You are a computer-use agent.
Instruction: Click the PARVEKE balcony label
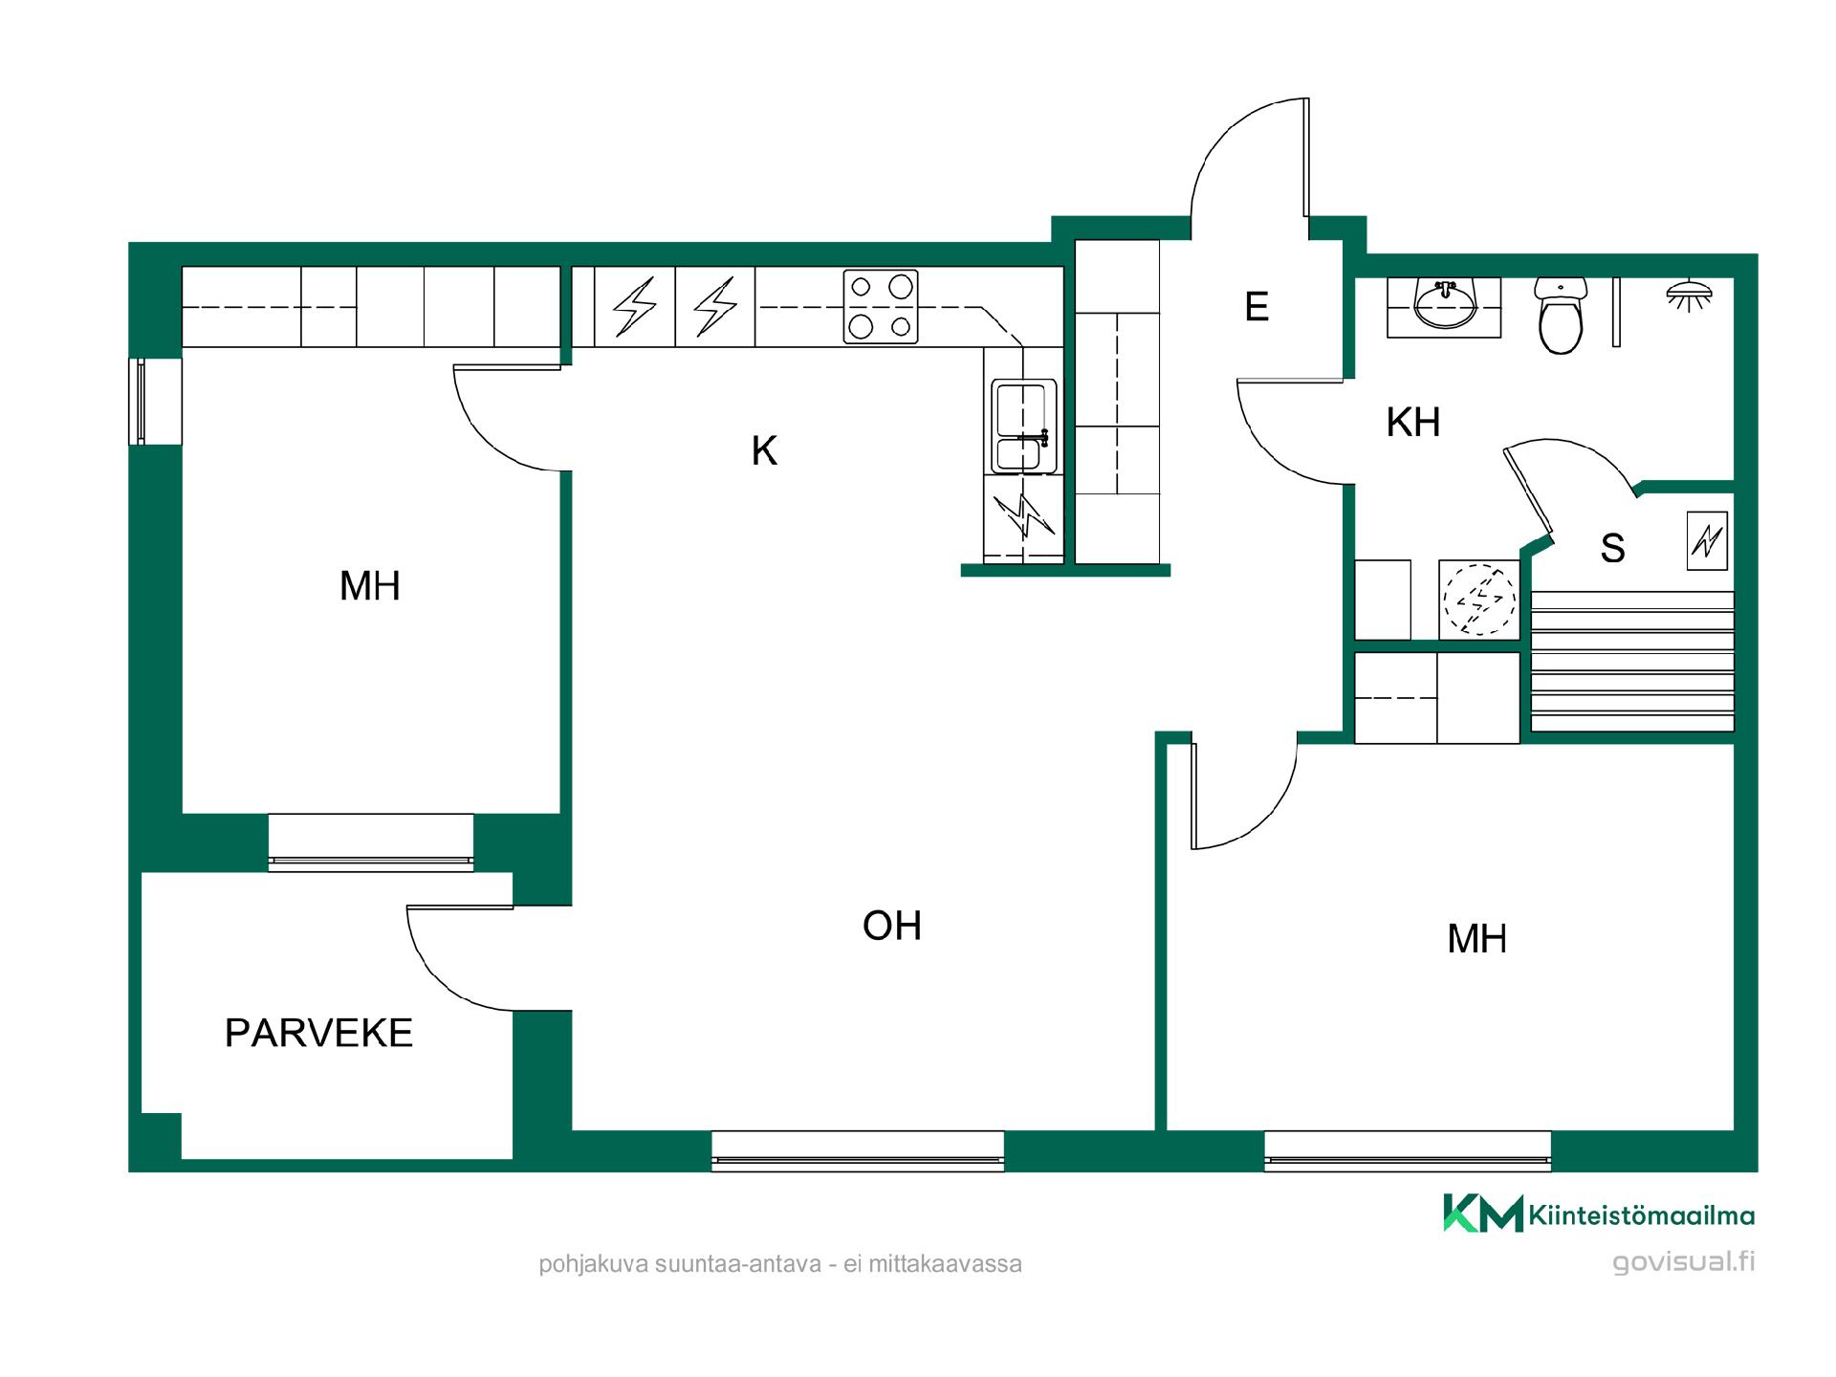tap(318, 1033)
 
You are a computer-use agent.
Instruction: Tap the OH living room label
tap(892, 926)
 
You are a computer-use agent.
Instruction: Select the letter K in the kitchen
tap(764, 450)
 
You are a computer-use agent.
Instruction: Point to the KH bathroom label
tap(1413, 422)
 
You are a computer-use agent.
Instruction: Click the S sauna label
tap(1612, 548)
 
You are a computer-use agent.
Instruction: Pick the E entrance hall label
tap(1257, 306)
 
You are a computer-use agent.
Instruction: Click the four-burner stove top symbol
tap(881, 306)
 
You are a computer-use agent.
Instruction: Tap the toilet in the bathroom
tap(1561, 316)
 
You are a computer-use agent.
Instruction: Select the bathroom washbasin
tap(1445, 306)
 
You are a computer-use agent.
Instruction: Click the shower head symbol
tap(1690, 295)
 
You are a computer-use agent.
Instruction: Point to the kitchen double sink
tap(1023, 426)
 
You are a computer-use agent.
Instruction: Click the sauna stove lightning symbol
tap(1707, 542)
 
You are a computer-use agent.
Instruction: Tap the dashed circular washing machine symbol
tap(1479, 600)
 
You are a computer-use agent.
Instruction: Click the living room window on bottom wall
tap(858, 1151)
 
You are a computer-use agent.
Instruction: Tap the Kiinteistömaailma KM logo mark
tap(1483, 1213)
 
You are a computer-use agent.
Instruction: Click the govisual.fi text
tap(1684, 1262)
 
